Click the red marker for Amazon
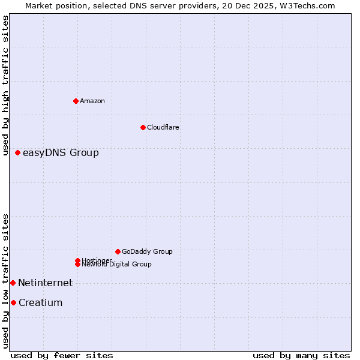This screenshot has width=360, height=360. tap(76, 101)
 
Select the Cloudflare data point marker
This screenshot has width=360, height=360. tap(143, 127)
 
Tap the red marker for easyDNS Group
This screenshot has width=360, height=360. tap(18, 153)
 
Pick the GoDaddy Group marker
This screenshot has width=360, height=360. tap(118, 251)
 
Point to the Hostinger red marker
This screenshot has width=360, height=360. tap(77, 260)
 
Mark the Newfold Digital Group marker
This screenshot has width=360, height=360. tap(77, 265)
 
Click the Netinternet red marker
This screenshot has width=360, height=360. tap(13, 283)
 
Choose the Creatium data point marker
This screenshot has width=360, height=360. tap(13, 302)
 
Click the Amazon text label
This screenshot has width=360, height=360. tap(92, 101)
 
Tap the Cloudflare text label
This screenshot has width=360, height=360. tap(163, 127)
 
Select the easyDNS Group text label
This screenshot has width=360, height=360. tap(61, 153)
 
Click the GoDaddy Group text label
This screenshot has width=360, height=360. tap(147, 251)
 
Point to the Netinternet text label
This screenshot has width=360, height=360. tap(45, 283)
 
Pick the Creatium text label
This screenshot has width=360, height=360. tap(40, 302)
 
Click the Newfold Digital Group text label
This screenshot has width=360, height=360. tap(117, 265)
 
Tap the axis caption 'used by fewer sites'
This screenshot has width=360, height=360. tap(62, 355)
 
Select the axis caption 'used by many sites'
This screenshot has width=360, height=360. tap(301, 355)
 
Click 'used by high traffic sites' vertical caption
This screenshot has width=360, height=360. tap(5, 86)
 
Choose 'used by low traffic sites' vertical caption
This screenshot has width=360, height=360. tap(5, 281)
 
